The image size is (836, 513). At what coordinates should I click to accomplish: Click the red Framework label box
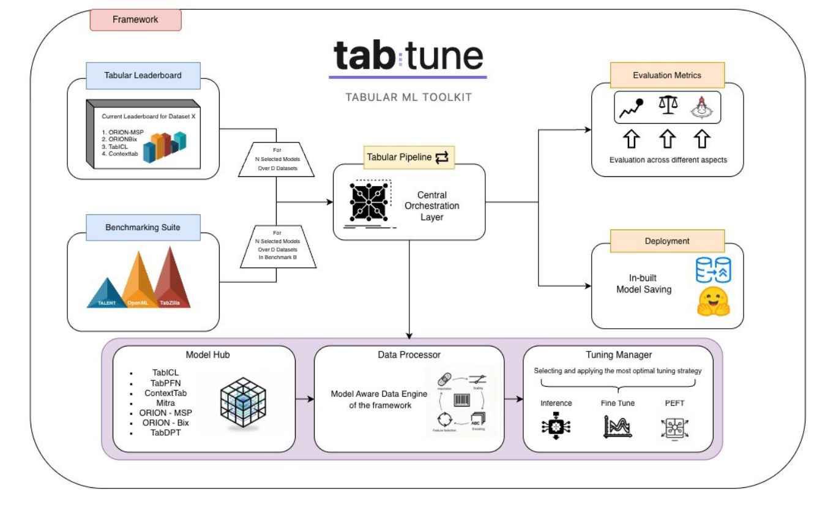point(135,20)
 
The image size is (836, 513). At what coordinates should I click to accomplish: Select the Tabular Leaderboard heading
point(143,75)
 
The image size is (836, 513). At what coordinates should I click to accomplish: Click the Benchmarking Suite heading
point(143,227)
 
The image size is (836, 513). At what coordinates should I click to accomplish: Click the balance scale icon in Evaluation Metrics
point(668,105)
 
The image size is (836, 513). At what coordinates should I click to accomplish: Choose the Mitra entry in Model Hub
point(165,403)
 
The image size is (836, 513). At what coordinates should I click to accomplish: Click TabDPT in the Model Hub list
point(165,432)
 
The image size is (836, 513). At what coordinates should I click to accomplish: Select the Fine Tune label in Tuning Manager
point(618,403)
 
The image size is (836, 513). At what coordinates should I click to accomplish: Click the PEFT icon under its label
point(674,427)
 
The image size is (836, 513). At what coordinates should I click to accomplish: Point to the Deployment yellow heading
point(667,241)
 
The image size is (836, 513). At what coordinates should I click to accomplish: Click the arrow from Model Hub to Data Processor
point(304,399)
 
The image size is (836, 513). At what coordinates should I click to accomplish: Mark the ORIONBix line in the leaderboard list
point(120,139)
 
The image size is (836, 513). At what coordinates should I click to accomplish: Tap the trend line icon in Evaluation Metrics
point(631,108)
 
